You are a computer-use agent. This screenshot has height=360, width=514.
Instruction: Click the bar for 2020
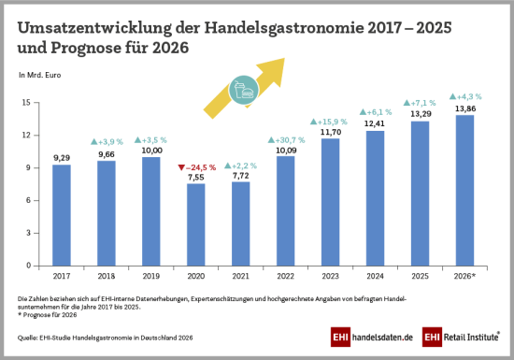pyautogui.click(x=196, y=224)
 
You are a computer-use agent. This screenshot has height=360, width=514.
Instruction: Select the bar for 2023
pyautogui.click(x=331, y=202)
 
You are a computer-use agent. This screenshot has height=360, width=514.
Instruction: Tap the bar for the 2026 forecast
pyautogui.click(x=464, y=191)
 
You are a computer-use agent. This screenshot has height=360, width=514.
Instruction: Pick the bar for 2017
pyautogui.click(x=62, y=215)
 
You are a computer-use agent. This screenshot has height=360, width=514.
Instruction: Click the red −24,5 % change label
pyautogui.click(x=197, y=167)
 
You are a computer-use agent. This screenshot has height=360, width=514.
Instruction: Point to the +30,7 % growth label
pyautogui.click(x=287, y=140)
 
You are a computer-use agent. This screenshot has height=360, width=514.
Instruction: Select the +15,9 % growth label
pyautogui.click(x=329, y=122)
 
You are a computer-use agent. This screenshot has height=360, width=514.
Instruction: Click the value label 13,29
pyautogui.click(x=421, y=114)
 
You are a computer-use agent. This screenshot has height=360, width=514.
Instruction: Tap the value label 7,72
pyautogui.click(x=241, y=176)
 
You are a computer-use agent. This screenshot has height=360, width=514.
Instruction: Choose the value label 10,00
pyautogui.click(x=151, y=151)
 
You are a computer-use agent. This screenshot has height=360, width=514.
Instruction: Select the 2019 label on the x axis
pyautogui.click(x=151, y=276)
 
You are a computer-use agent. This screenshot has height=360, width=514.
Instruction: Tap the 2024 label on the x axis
pyautogui.click(x=376, y=276)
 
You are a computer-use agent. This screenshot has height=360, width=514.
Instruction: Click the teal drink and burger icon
pyautogui.click(x=244, y=90)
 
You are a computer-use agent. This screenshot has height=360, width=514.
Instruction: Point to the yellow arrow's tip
pyautogui.click(x=284, y=58)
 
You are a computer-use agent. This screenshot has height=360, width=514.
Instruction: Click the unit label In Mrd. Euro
pyautogui.click(x=39, y=75)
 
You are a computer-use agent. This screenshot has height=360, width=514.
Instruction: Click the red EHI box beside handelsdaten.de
pyautogui.click(x=340, y=337)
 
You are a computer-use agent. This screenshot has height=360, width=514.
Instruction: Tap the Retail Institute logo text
pyautogui.click(x=471, y=337)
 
